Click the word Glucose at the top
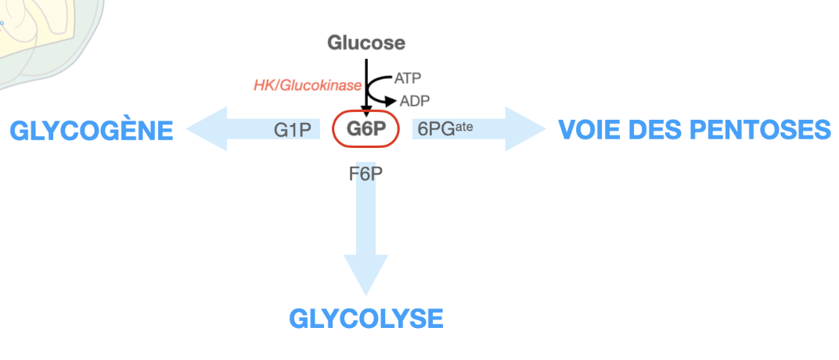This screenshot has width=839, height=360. tap(366, 42)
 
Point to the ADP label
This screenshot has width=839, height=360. tap(415, 101)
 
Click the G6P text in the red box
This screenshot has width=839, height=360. tap(367, 129)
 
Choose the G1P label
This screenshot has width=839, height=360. tap(293, 130)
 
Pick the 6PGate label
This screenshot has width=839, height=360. tap(445, 129)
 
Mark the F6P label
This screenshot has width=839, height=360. tap(365, 173)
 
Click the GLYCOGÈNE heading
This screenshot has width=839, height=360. tap(91, 131)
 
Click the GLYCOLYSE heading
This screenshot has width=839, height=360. tap(366, 319)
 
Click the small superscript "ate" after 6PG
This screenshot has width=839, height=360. tap(464, 125)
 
